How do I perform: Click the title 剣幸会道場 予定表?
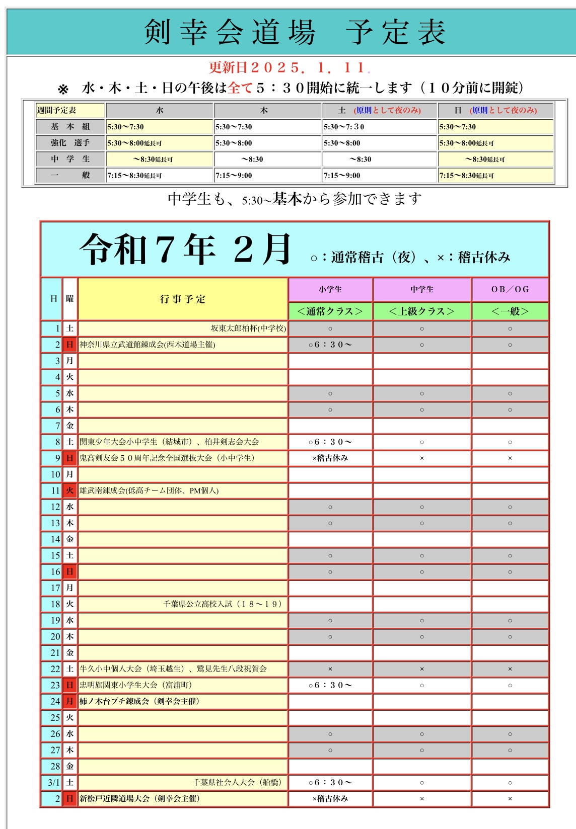(295, 32)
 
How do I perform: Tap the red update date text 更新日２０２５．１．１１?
(290, 67)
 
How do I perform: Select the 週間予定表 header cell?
(70, 110)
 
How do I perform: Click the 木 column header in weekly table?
(264, 110)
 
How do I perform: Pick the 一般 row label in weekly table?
(70, 176)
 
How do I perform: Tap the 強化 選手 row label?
(70, 143)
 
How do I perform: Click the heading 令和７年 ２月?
(185, 250)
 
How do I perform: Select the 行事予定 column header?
(183, 299)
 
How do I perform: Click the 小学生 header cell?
(330, 289)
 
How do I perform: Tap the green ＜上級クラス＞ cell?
(422, 311)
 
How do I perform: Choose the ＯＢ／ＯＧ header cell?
(510, 289)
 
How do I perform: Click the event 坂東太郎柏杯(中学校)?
(248, 328)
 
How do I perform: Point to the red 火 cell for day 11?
(70, 490)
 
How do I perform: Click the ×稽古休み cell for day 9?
(330, 458)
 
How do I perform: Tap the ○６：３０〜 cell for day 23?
(330, 685)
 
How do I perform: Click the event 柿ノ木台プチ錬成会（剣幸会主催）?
(139, 701)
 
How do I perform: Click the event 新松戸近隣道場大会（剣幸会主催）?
(139, 799)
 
